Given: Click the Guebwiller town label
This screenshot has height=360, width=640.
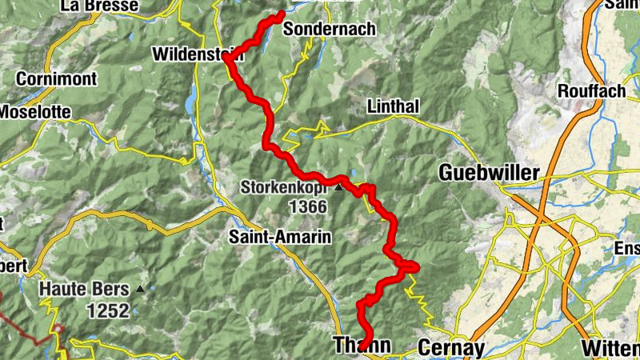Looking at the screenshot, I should (x=490, y=172).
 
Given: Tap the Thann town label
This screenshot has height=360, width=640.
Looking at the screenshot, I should (x=361, y=346).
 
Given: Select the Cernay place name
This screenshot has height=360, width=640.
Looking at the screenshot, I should (x=451, y=348).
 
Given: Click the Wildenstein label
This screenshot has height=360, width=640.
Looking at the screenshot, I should (x=196, y=56).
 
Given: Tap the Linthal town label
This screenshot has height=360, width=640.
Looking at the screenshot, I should (x=393, y=106).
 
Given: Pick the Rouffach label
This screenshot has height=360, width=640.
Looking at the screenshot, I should (x=591, y=90).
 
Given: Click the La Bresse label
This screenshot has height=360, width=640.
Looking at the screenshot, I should (x=99, y=6).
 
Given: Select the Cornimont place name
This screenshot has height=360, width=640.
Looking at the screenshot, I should (x=55, y=79).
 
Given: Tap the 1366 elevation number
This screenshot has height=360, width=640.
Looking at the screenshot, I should (x=309, y=207).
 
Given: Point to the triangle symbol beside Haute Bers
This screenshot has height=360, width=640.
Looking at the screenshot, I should (x=142, y=289).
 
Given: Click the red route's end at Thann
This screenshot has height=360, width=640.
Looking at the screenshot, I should (x=362, y=346).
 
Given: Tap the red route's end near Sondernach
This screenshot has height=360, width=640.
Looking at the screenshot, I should (x=282, y=13).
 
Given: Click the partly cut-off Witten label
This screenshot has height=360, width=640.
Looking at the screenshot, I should (x=610, y=348).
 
